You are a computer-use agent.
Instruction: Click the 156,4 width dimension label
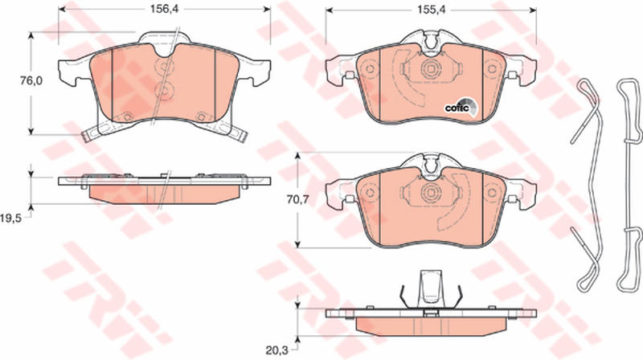pyautogui.click(x=163, y=9)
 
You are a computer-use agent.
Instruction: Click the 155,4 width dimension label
pyautogui.click(x=430, y=9)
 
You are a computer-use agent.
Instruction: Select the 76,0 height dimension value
pyautogui.click(x=31, y=81)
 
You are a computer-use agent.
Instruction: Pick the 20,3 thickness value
pyautogui.click(x=276, y=350)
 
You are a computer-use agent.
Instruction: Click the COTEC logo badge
pyautogui.click(x=461, y=108)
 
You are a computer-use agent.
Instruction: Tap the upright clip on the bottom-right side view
pyautogui.click(x=431, y=289)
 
